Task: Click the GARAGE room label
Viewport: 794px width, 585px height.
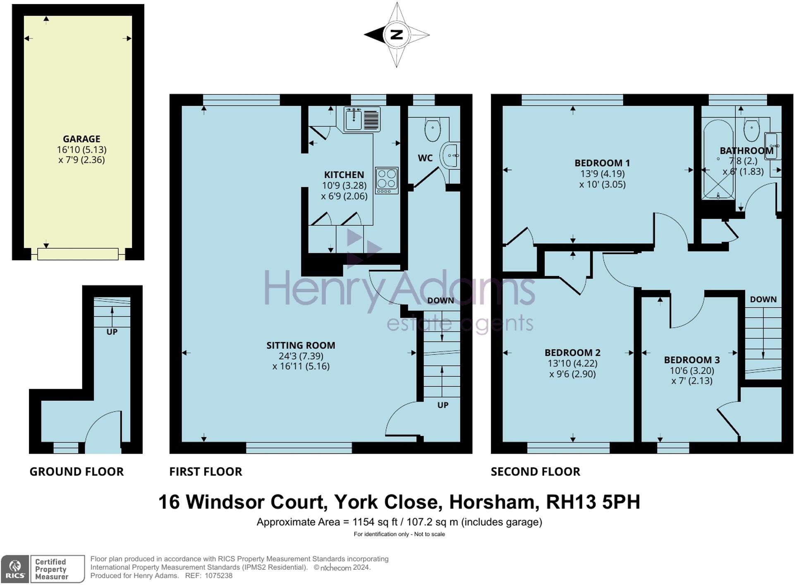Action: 81,139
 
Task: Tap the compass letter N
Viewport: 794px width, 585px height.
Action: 397,35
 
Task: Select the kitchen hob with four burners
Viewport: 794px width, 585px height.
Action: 387,180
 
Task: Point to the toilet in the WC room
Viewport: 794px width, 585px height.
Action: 432,129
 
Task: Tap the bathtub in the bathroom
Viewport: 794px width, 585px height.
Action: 718,159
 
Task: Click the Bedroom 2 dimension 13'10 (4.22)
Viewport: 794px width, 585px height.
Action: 572,363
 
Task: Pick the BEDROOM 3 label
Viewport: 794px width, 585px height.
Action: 692,360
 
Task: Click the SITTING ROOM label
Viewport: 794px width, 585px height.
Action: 301,345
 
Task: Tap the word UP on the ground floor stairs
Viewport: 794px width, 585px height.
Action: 112,332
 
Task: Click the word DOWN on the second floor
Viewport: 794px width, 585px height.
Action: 763,299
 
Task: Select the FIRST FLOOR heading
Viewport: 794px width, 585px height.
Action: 206,471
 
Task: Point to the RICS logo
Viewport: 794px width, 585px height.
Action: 15,569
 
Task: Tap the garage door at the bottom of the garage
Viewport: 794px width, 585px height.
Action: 78,254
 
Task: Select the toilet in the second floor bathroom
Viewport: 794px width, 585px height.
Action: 751,130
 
